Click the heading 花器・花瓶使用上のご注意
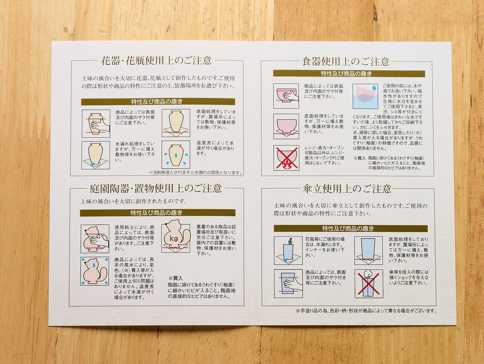click(156, 61)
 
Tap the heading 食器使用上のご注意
click(346, 62)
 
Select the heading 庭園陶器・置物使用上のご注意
click(156, 188)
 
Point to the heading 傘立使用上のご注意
click(347, 189)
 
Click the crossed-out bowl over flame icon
click(287, 158)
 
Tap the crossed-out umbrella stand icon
click(369, 284)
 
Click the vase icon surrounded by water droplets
click(176, 155)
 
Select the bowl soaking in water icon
click(365, 96)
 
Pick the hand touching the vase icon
click(96, 123)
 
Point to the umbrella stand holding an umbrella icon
click(288, 250)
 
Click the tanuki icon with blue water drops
click(95, 271)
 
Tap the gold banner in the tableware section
click(349, 73)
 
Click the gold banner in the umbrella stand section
click(351, 228)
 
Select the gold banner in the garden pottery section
click(157, 213)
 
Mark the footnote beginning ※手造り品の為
click(366, 311)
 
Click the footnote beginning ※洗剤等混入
click(195, 173)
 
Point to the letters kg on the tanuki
click(174, 239)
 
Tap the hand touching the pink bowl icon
click(286, 96)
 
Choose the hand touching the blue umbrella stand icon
click(289, 284)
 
